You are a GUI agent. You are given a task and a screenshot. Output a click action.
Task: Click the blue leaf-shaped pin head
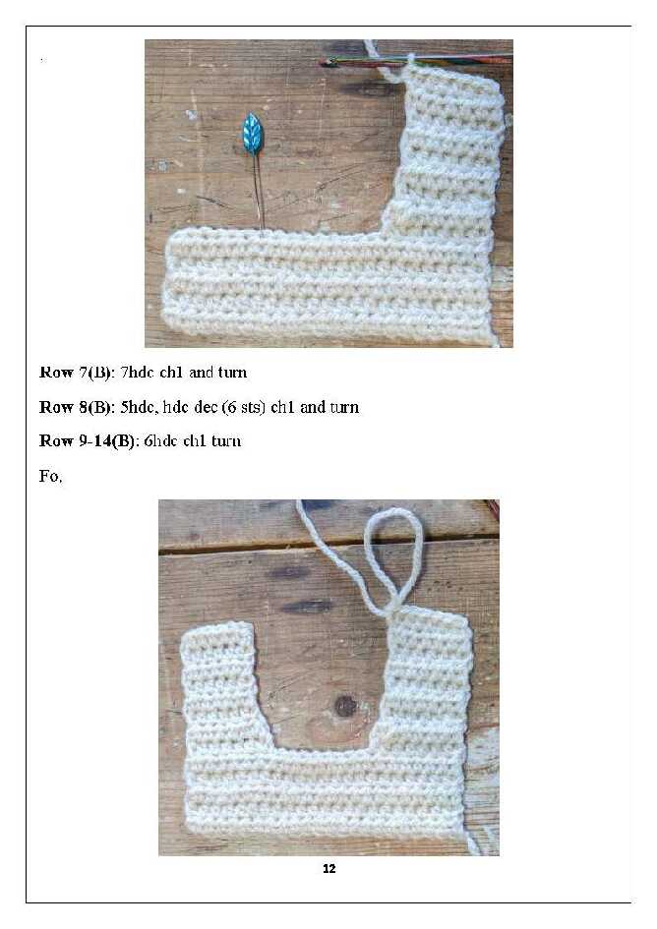point(253,135)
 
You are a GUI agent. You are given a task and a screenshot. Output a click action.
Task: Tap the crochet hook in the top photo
point(416,59)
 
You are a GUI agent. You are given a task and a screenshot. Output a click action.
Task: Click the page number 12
point(329,869)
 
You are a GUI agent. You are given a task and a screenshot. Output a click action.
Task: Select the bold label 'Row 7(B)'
point(76,373)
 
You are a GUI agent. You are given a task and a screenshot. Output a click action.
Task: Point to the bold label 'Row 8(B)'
point(76,407)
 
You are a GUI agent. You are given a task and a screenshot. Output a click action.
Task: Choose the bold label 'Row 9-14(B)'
point(87,440)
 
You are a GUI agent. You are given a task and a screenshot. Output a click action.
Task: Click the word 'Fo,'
point(50,477)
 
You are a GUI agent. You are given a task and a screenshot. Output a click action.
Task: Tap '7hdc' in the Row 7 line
point(137,372)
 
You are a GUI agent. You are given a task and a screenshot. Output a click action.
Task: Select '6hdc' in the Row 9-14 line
point(160,440)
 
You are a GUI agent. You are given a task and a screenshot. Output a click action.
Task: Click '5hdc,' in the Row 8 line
point(140,407)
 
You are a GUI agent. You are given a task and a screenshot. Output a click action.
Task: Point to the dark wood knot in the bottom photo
point(345,706)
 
